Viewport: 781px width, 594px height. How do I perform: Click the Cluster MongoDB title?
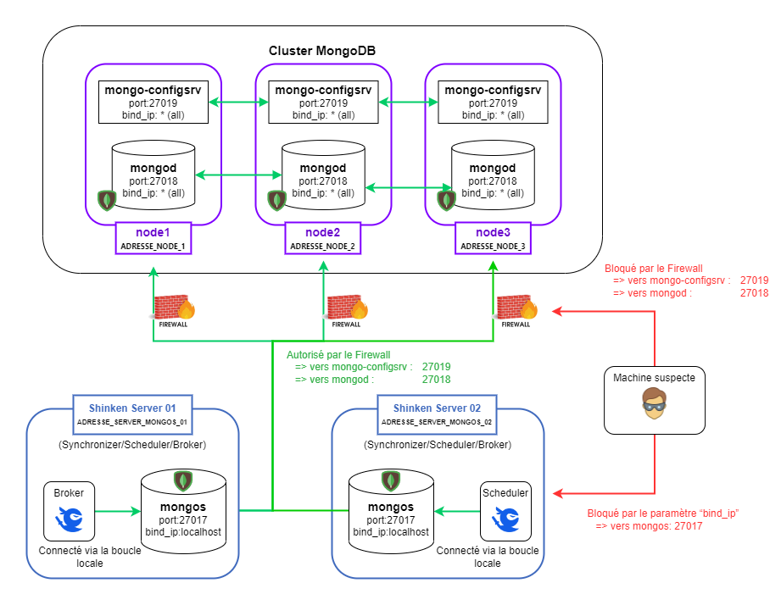(x=322, y=51)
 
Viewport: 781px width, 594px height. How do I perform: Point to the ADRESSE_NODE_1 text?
(x=153, y=246)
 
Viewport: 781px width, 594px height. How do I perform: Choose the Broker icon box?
(x=69, y=511)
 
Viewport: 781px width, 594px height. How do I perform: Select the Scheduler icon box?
(x=505, y=511)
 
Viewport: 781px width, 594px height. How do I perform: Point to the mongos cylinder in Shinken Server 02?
(x=391, y=508)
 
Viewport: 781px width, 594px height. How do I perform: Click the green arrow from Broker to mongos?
(x=117, y=511)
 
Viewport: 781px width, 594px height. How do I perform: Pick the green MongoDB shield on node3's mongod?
(x=446, y=200)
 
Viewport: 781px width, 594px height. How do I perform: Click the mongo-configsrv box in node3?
(x=492, y=102)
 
